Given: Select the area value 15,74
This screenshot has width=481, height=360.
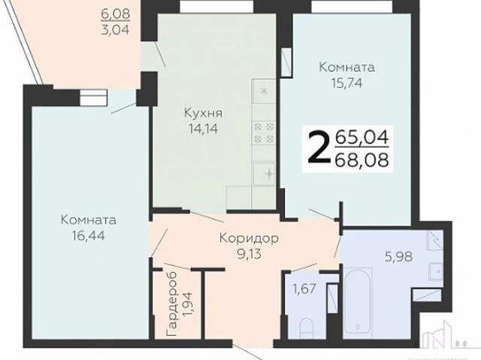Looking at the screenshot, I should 346,83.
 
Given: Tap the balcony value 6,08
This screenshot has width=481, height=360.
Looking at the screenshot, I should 116,13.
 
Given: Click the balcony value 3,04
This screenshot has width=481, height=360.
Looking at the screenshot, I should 116,30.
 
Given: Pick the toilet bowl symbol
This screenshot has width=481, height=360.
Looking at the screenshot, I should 307,329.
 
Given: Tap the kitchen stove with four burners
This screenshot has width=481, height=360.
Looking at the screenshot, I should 264,132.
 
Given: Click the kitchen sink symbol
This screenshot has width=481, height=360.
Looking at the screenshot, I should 265,173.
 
